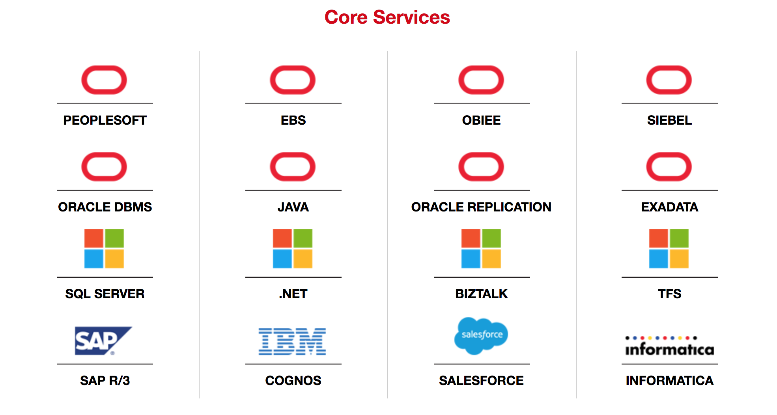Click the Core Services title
[x=387, y=17]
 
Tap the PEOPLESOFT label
[x=105, y=120]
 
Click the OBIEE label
[x=481, y=120]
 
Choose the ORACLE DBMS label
[x=105, y=207]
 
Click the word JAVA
[x=293, y=207]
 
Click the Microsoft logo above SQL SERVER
[x=104, y=249]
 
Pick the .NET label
[x=293, y=294]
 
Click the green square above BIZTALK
[x=491, y=238]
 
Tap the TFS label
[x=669, y=294]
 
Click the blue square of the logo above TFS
[x=659, y=259]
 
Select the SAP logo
[x=103, y=341]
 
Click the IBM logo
[x=292, y=342]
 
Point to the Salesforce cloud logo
[x=481, y=336]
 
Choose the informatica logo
[x=670, y=346]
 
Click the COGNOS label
[x=293, y=381]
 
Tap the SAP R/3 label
[x=105, y=381]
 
